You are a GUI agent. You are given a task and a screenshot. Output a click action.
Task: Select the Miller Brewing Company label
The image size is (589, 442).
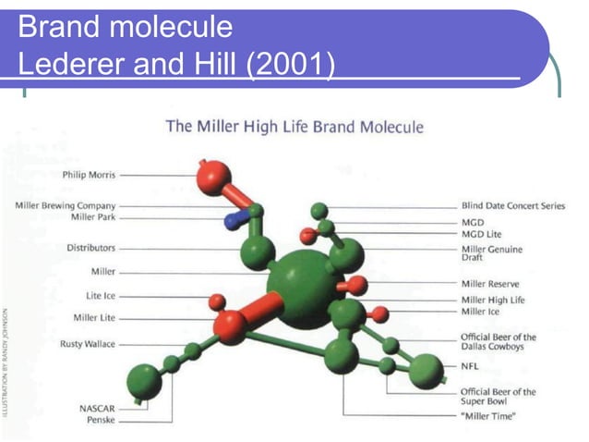[x=66, y=205]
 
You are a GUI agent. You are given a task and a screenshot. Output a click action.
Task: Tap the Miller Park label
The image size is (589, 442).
[x=92, y=217]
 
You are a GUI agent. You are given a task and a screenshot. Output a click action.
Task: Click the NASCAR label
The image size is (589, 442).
[x=97, y=408]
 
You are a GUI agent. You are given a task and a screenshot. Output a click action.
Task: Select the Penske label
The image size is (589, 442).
[x=100, y=420]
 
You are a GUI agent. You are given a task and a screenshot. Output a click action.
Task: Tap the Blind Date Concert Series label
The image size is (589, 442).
[x=512, y=205]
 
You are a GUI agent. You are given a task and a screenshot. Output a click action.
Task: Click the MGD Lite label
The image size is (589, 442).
[x=481, y=235]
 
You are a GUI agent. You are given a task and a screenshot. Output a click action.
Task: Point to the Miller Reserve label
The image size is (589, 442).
[x=489, y=284]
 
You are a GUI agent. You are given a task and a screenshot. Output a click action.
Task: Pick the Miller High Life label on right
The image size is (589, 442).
[x=492, y=300]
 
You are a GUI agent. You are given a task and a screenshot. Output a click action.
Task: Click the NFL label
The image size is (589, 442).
[x=470, y=366]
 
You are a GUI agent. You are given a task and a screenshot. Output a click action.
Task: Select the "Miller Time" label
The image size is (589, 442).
[x=488, y=416]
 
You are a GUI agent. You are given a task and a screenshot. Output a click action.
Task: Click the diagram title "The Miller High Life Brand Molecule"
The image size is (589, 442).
[x=294, y=127]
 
